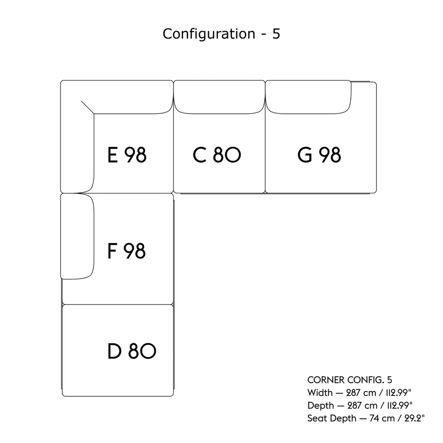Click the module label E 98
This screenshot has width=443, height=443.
click(x=127, y=155)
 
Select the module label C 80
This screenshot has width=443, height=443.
click(x=217, y=155)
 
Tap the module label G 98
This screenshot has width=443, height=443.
click(x=319, y=155)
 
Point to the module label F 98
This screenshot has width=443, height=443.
click(x=126, y=251)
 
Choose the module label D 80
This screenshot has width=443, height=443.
click(x=132, y=351)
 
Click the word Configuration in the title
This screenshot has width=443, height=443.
click(x=209, y=34)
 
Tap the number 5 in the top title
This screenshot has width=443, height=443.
click(x=276, y=34)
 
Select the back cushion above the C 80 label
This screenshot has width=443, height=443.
click(x=219, y=97)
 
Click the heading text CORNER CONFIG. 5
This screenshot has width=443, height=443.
click(x=350, y=380)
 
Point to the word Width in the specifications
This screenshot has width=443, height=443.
click(x=320, y=393)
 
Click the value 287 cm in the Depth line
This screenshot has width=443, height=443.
click(x=356, y=405)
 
